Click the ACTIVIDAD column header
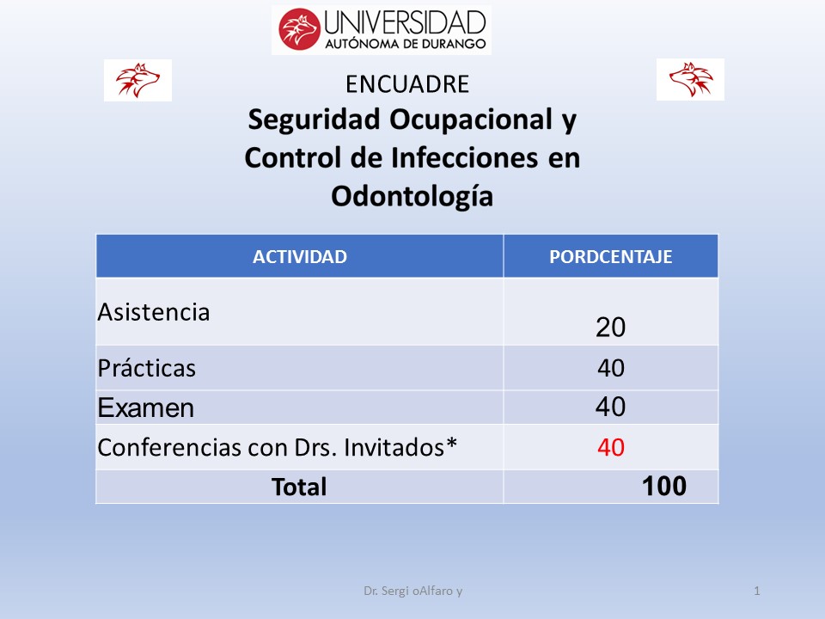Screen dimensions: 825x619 click(x=299, y=257)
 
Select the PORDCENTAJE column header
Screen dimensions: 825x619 click(x=611, y=257)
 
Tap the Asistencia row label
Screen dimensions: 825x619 click(x=154, y=312)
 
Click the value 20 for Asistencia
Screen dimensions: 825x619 click(x=610, y=328)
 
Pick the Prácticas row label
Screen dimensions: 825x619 click(x=147, y=367)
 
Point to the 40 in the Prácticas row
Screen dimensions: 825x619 click(x=611, y=367)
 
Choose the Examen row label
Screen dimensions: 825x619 click(x=146, y=408)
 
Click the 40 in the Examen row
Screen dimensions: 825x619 click(x=610, y=407)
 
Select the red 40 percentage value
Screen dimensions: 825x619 click(x=611, y=447)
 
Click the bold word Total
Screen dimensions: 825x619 click(x=299, y=487)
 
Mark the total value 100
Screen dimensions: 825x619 click(x=664, y=486)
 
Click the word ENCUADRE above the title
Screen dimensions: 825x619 click(x=407, y=84)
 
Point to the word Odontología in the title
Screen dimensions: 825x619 click(x=412, y=197)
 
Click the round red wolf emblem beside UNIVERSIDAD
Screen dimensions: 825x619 click(x=299, y=29)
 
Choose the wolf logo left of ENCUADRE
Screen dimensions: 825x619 click(x=137, y=80)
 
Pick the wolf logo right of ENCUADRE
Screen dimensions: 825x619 click(x=690, y=79)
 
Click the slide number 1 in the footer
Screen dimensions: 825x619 click(x=757, y=591)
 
